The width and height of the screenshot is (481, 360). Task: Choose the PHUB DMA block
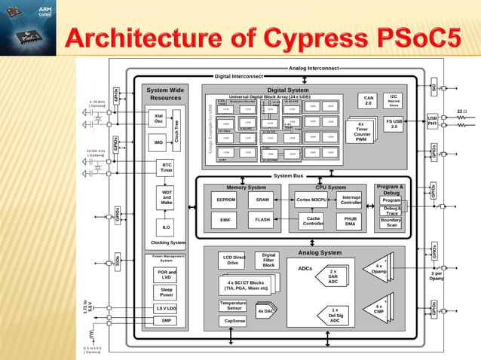351,220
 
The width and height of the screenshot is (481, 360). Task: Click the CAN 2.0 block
369,100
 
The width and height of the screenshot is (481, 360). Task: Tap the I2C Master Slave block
394,100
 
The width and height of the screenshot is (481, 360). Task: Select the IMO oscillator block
158,142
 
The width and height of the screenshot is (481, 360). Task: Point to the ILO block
167,226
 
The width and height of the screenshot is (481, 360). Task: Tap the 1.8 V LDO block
166,308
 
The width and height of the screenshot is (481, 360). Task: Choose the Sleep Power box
166,291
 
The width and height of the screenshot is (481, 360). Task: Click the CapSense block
234,320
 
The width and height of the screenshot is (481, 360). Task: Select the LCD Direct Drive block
233,261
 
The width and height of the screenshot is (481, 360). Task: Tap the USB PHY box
432,121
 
